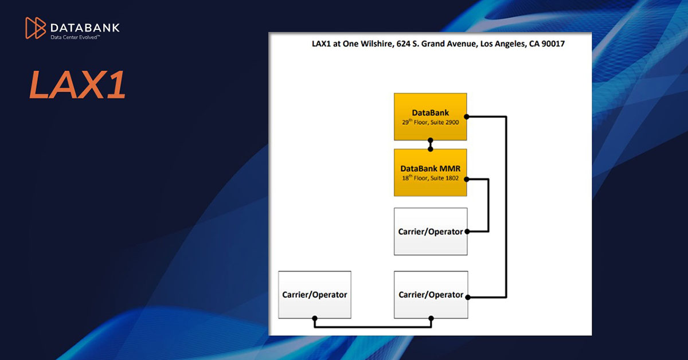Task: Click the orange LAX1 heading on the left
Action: coord(77,85)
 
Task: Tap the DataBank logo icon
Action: coord(36,28)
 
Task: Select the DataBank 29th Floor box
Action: coord(430,116)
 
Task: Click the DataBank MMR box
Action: coord(430,173)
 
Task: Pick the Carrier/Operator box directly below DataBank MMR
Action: coord(430,231)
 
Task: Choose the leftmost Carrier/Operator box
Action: coord(314,294)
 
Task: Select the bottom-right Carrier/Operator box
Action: coord(430,294)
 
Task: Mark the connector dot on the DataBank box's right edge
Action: coord(467,117)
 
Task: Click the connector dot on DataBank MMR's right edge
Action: coord(467,179)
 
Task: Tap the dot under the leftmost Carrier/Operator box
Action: coord(314,319)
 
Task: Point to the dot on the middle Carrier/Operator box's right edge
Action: coord(467,232)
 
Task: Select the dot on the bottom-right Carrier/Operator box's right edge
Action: coord(467,297)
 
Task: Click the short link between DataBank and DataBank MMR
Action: coord(431,144)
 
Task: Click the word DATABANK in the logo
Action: coord(85,27)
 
